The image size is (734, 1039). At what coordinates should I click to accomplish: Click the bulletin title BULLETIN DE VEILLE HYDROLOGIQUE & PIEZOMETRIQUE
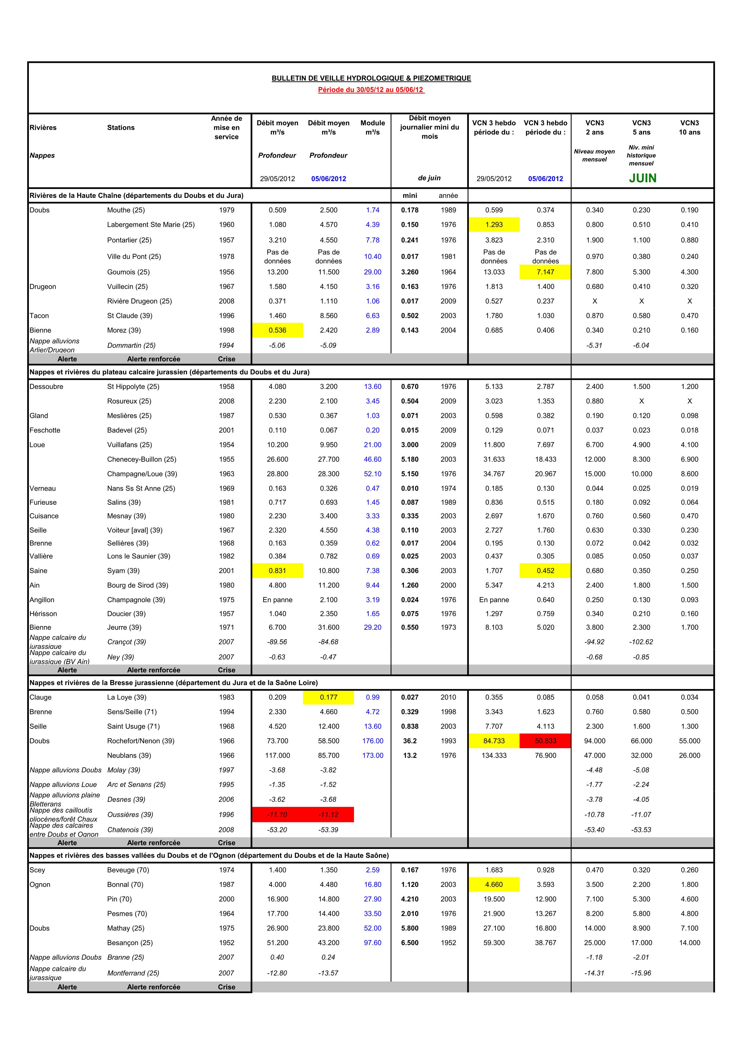click(x=371, y=78)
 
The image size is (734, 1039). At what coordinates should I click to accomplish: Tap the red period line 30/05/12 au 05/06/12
click(x=371, y=90)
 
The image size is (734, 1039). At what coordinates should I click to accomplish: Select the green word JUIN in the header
click(x=642, y=178)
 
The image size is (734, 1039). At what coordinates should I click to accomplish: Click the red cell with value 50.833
click(x=545, y=741)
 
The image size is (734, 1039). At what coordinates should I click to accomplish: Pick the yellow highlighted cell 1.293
click(x=494, y=225)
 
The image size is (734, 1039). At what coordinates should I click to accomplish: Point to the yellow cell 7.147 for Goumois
click(x=545, y=272)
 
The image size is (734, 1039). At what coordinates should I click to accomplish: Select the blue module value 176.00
click(x=373, y=741)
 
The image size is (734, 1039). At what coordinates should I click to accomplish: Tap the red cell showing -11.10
click(x=277, y=814)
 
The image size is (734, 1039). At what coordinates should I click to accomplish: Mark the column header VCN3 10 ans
click(x=689, y=128)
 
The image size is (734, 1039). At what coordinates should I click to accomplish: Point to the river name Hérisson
click(x=43, y=614)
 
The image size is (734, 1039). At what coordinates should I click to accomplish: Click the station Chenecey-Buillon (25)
click(x=142, y=459)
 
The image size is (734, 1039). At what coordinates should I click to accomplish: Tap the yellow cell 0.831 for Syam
click(x=277, y=571)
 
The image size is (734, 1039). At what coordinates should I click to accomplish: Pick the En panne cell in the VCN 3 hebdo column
click(x=494, y=600)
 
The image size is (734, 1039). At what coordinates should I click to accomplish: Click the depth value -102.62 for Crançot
click(x=641, y=642)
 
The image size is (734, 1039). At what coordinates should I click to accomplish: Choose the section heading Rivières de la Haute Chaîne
click(x=136, y=195)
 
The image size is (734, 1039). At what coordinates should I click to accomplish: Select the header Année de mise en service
click(x=226, y=128)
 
